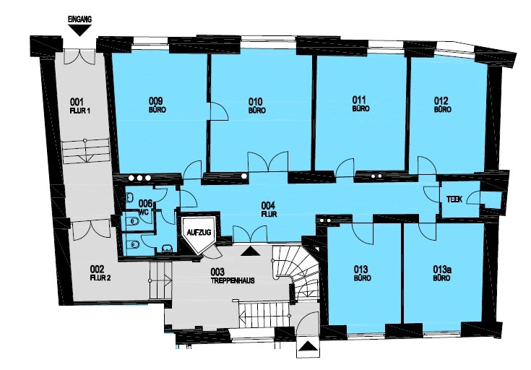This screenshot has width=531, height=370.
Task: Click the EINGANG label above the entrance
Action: coord(79,20)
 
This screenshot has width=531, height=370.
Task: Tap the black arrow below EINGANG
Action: coord(79,31)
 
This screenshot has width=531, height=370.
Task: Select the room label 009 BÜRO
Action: coord(157,105)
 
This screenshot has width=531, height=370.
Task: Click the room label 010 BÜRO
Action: coord(256,106)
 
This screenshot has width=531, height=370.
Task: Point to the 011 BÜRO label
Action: coord(361,104)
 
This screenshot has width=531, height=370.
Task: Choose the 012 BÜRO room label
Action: coord(442,105)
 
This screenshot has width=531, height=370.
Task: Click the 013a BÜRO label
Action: coord(443,273)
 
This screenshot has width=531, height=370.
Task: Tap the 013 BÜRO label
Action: coord(362,274)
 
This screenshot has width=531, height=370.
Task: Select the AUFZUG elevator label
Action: coord(199,233)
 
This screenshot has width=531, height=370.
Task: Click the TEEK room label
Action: coord(454,199)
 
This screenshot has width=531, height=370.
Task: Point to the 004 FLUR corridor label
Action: coord(269,210)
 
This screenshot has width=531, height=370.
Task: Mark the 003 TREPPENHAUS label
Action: coord(233,276)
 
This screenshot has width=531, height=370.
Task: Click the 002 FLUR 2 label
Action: coord(100,274)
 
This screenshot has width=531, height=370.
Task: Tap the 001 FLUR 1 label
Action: coord(79,106)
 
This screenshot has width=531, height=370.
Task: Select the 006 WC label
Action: coord(146,207)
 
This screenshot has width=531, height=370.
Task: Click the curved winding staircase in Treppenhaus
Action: coord(297,271)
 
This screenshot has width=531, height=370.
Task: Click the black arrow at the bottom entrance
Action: coord(308,346)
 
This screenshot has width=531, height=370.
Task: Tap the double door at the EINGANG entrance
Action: coord(80,56)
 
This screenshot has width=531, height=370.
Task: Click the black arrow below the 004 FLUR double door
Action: coord(250,251)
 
